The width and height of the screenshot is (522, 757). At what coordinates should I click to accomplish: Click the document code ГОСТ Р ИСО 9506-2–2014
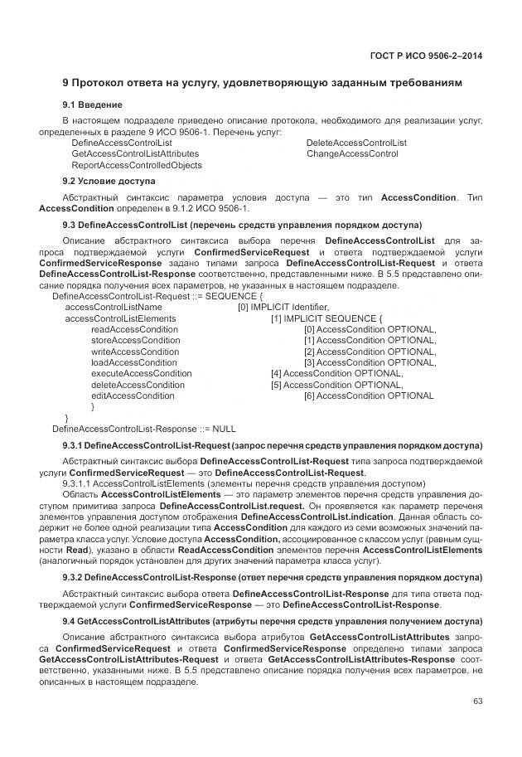click(x=425, y=55)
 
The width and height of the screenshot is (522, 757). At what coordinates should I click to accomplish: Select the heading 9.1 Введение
click(x=92, y=105)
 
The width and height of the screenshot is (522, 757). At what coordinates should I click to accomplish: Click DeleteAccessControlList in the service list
click(x=356, y=143)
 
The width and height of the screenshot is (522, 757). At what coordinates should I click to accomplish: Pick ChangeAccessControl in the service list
click(x=352, y=154)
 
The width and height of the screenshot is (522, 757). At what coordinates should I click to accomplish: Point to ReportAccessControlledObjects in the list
click(x=137, y=165)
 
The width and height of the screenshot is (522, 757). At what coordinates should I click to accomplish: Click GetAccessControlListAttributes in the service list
click(x=135, y=154)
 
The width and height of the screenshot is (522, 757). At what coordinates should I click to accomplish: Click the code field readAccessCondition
click(x=134, y=329)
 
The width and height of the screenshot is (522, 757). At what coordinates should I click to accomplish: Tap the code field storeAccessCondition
click(x=135, y=340)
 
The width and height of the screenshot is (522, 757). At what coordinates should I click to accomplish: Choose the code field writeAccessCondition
click(x=134, y=352)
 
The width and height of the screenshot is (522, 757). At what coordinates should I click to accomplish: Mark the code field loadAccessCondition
click(x=133, y=362)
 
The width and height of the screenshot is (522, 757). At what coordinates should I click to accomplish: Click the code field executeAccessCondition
click(x=141, y=374)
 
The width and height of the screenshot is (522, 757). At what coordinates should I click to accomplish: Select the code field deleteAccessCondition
click(x=138, y=385)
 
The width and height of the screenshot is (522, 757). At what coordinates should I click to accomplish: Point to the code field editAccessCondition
click(x=133, y=396)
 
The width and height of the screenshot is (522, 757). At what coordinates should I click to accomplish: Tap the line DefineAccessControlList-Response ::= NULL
click(x=143, y=429)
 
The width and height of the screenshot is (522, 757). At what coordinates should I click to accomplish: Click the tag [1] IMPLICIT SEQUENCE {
click(x=326, y=318)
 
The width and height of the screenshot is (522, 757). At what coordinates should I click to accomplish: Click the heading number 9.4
click(x=69, y=620)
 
